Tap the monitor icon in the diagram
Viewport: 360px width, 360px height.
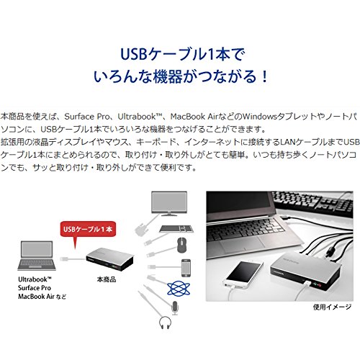(169, 204)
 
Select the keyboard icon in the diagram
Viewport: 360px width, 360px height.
(176, 229)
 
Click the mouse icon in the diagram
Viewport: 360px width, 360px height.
(182, 245)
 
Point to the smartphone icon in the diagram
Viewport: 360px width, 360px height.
(186, 268)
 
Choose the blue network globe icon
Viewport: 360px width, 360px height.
(179, 289)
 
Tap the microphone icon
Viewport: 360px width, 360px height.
(175, 308)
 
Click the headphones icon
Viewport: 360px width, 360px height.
(165, 323)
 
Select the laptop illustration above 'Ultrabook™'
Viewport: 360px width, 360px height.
(37, 256)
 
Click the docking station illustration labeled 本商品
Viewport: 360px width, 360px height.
(109, 259)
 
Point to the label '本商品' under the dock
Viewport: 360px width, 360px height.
(107, 279)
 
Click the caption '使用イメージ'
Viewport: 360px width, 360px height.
(332, 307)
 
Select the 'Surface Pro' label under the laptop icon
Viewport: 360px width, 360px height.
(35, 288)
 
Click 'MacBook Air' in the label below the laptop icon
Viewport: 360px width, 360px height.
(36, 297)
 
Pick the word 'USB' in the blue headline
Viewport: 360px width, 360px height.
(133, 54)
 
